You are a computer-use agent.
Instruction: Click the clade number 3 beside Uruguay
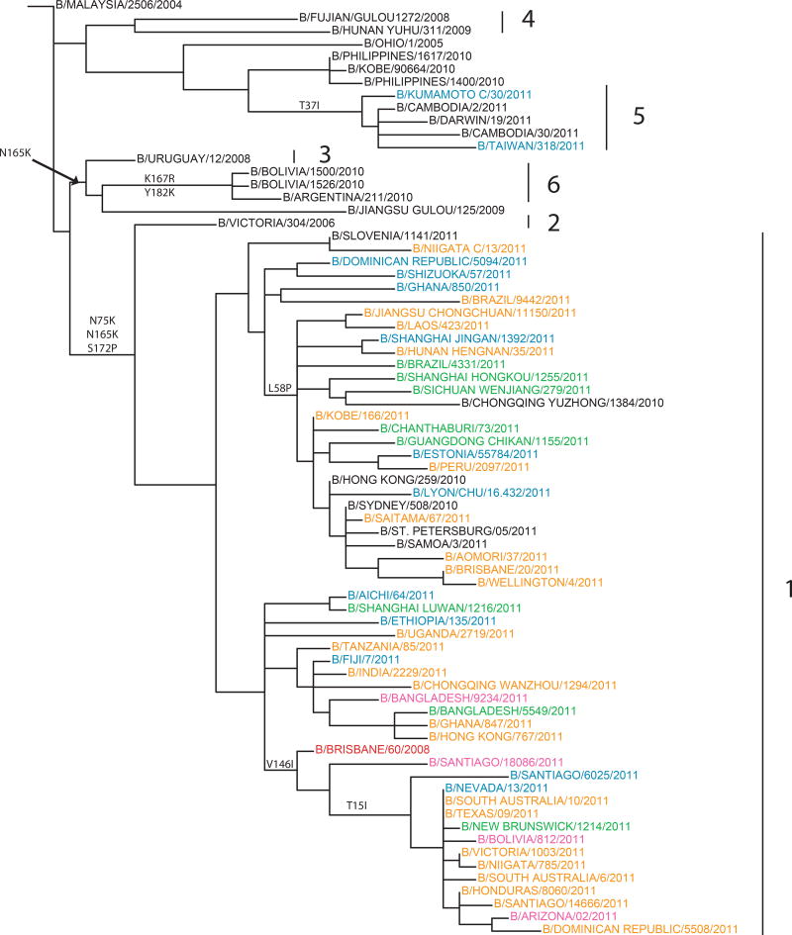(323, 156)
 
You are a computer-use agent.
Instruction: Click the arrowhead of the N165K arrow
(72, 180)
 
